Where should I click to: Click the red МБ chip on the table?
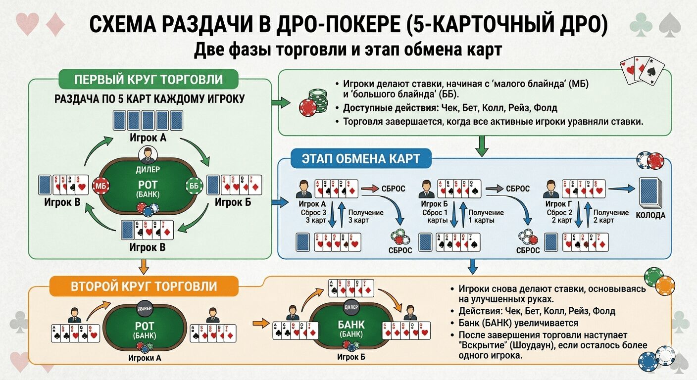pyautogui.click(x=100, y=187)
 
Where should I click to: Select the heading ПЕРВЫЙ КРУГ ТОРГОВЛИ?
pyautogui.click(x=148, y=80)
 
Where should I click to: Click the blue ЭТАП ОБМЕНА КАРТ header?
pyautogui.click(x=361, y=159)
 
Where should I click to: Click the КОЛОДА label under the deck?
pyautogui.click(x=650, y=215)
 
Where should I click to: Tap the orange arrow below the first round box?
pyautogui.click(x=144, y=267)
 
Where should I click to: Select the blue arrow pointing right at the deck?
pyautogui.click(x=621, y=188)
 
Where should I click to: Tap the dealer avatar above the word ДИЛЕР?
pyautogui.click(x=147, y=155)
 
